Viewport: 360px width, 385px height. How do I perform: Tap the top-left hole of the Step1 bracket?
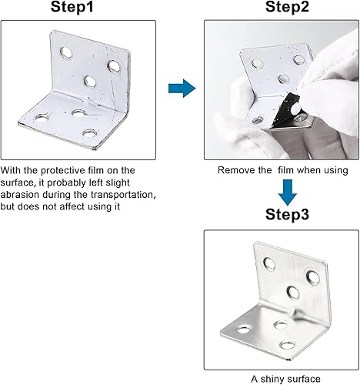(66, 53)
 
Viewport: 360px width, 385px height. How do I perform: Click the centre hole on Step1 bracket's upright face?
(89, 80)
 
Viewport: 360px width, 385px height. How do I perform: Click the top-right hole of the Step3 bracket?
(312, 276)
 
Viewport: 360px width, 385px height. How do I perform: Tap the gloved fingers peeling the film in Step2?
(315, 85)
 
